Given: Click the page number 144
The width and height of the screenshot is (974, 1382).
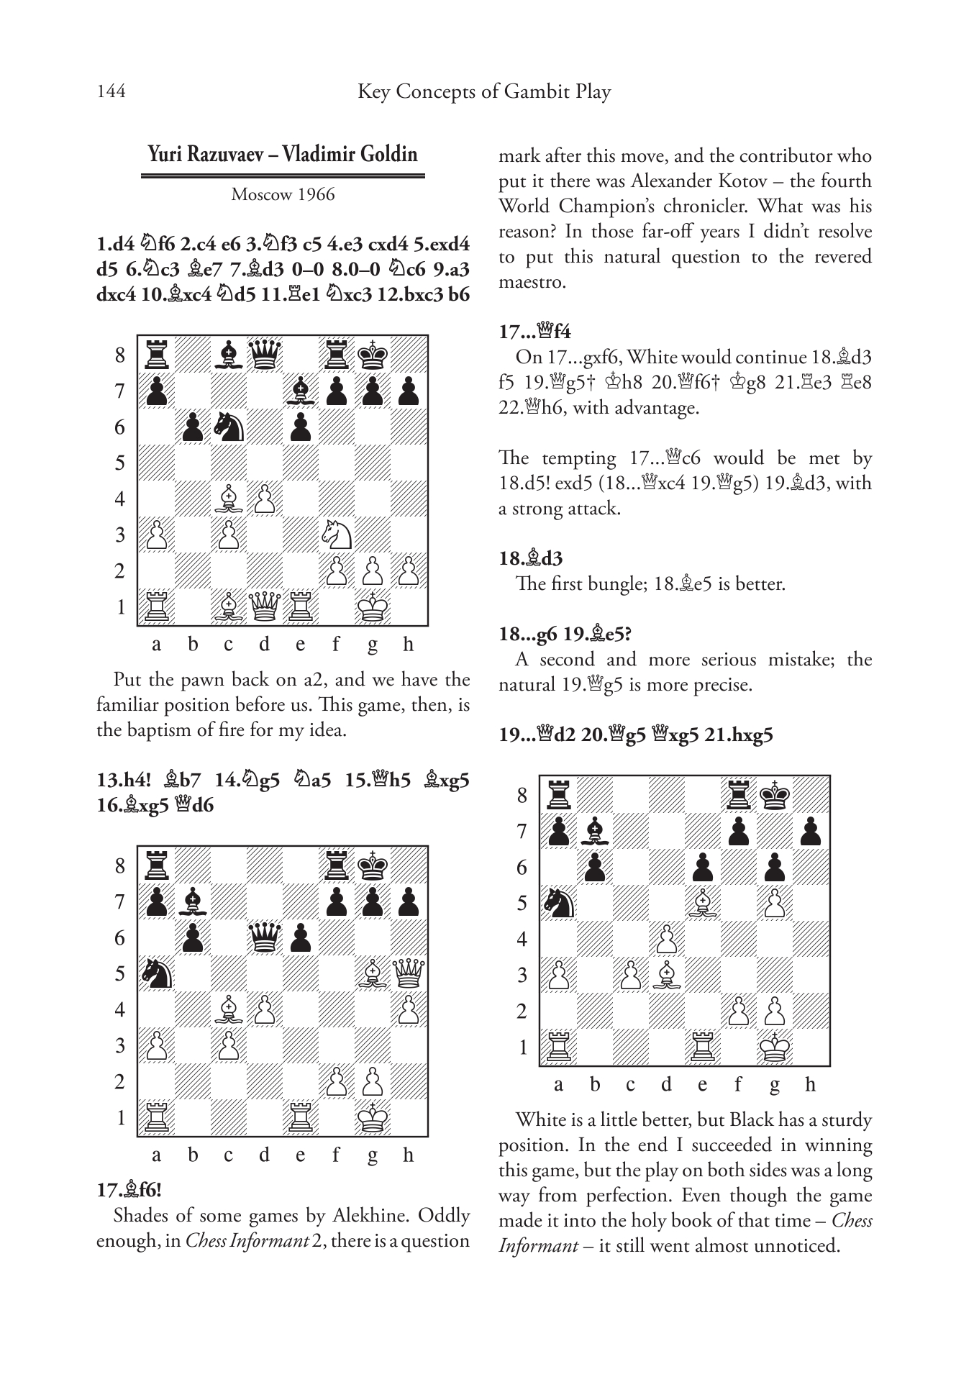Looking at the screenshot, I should (x=111, y=92).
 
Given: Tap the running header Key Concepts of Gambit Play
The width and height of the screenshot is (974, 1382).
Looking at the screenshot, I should (x=483, y=92).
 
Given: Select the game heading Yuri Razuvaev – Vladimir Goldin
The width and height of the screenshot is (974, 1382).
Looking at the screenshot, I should (x=283, y=155).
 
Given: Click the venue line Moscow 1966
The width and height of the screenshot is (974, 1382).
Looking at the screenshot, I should (x=283, y=195).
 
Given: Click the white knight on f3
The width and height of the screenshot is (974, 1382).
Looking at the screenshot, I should (x=337, y=535).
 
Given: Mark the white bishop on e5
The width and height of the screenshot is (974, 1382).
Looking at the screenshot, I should (x=703, y=903).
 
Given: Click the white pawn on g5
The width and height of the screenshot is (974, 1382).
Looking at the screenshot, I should (x=775, y=903).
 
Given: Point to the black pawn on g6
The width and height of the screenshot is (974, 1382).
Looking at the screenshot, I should (x=775, y=867).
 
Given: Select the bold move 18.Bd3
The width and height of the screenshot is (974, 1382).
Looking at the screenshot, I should (x=531, y=558).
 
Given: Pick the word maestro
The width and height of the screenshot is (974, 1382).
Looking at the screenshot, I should (x=532, y=283).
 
